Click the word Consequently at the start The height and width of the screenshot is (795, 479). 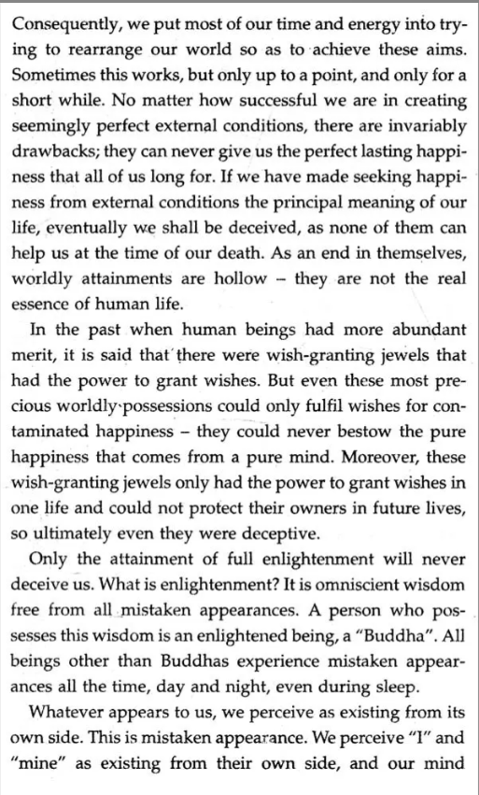[64, 20]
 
